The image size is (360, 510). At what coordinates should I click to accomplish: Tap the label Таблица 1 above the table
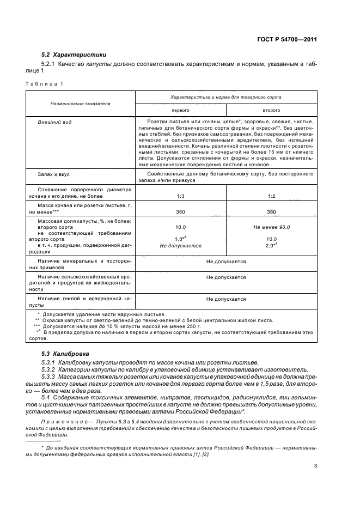pyautogui.click(x=44, y=83)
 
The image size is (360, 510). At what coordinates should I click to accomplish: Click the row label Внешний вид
pyautogui.click(x=52, y=123)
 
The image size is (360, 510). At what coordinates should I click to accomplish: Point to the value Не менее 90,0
pyautogui.click(x=271, y=227)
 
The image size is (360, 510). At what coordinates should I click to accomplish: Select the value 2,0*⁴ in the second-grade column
pyautogui.click(x=271, y=246)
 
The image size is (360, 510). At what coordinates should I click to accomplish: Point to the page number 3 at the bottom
pyautogui.click(x=315, y=466)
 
